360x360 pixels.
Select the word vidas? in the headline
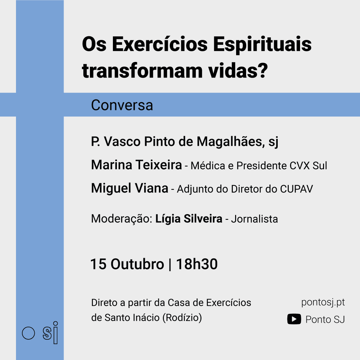(238, 71)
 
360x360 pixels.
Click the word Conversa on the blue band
(122, 105)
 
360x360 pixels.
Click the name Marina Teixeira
(137, 165)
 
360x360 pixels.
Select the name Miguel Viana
(130, 188)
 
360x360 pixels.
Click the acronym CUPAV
(296, 189)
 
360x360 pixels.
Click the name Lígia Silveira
(189, 219)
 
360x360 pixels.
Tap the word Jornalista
(254, 219)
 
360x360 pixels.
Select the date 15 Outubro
(127, 264)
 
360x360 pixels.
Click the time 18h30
(197, 264)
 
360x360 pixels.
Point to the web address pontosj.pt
(323, 303)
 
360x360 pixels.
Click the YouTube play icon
(294, 319)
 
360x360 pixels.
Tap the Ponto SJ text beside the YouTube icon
(325, 320)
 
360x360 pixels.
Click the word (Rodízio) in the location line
(182, 318)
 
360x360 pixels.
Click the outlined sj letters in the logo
(50, 333)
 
